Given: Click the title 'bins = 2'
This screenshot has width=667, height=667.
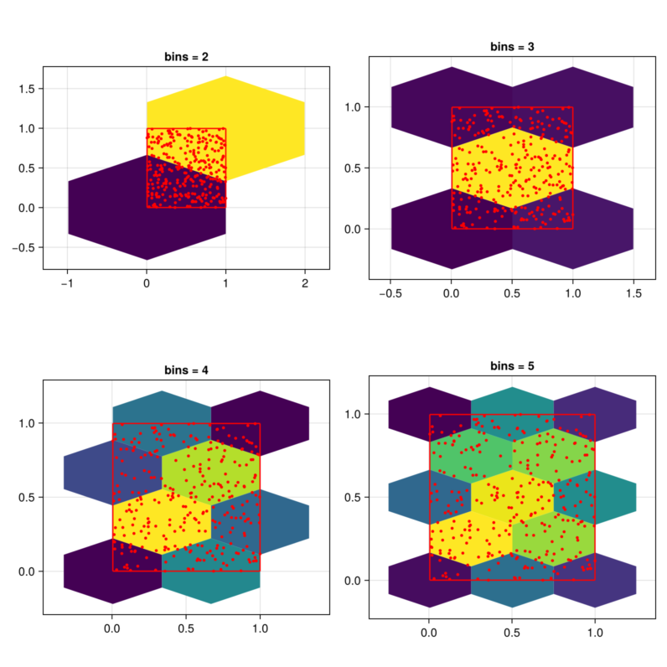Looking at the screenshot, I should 186,57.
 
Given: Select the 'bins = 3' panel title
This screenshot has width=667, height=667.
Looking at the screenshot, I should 512,46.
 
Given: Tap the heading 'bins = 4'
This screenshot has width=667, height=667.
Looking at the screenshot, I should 186,370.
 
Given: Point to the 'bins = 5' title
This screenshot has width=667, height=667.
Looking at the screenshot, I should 512,366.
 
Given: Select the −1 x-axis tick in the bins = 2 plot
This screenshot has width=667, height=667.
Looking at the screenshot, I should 66,283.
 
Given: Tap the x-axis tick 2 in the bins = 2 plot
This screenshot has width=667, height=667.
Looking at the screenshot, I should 305,283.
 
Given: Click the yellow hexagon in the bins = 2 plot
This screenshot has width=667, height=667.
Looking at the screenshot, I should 251,117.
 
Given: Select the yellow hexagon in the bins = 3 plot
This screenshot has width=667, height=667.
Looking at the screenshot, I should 512,168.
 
